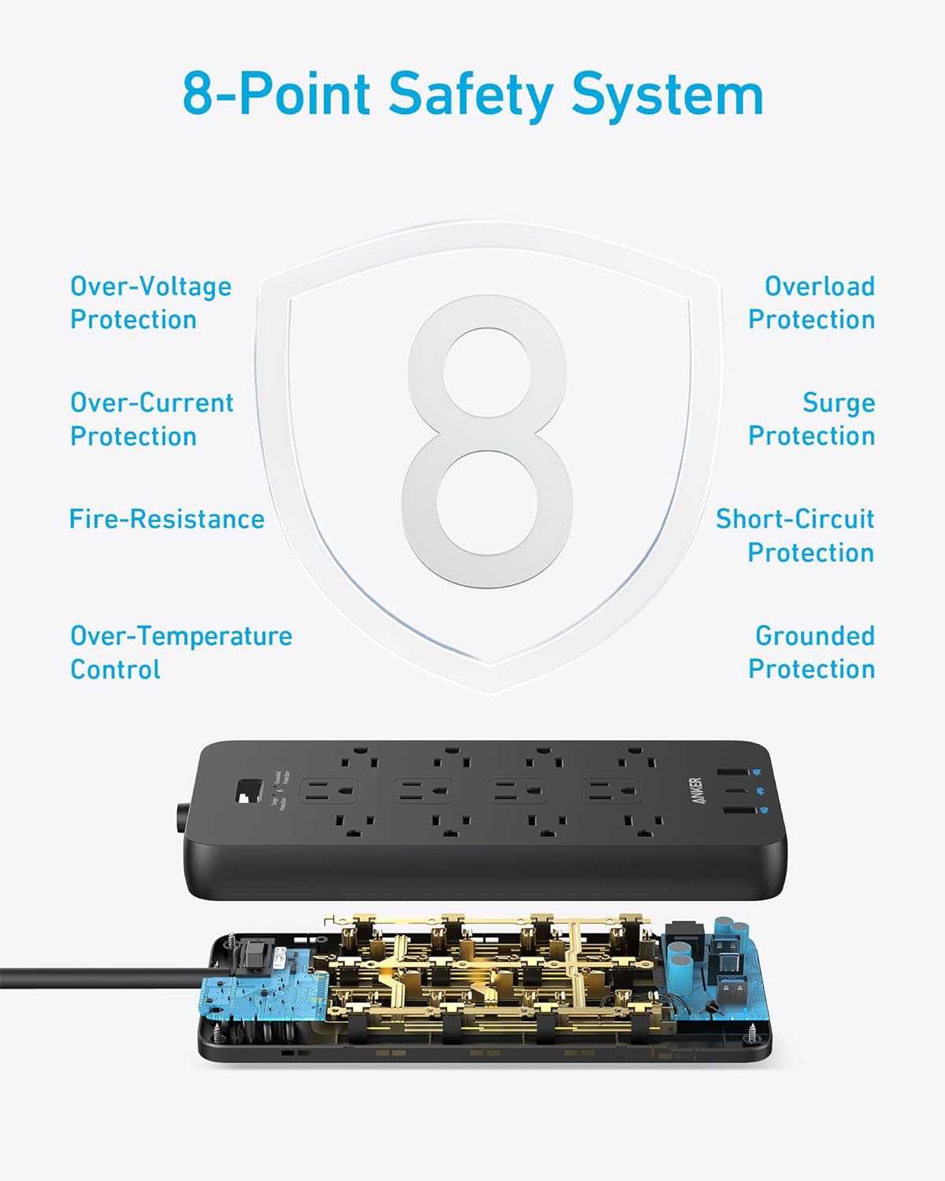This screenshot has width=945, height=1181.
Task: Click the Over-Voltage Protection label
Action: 150,302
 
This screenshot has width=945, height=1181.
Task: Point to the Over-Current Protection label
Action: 151,419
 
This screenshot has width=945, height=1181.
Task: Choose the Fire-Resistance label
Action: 166,519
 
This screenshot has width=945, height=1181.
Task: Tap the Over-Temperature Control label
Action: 180,652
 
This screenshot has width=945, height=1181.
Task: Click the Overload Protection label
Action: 811,302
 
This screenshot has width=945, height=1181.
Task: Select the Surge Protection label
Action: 811,419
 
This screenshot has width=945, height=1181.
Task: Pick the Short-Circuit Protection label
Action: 795,535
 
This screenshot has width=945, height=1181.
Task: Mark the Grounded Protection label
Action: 811,652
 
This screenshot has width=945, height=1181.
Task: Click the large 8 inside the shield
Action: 486,442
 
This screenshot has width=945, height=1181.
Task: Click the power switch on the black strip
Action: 250,791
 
